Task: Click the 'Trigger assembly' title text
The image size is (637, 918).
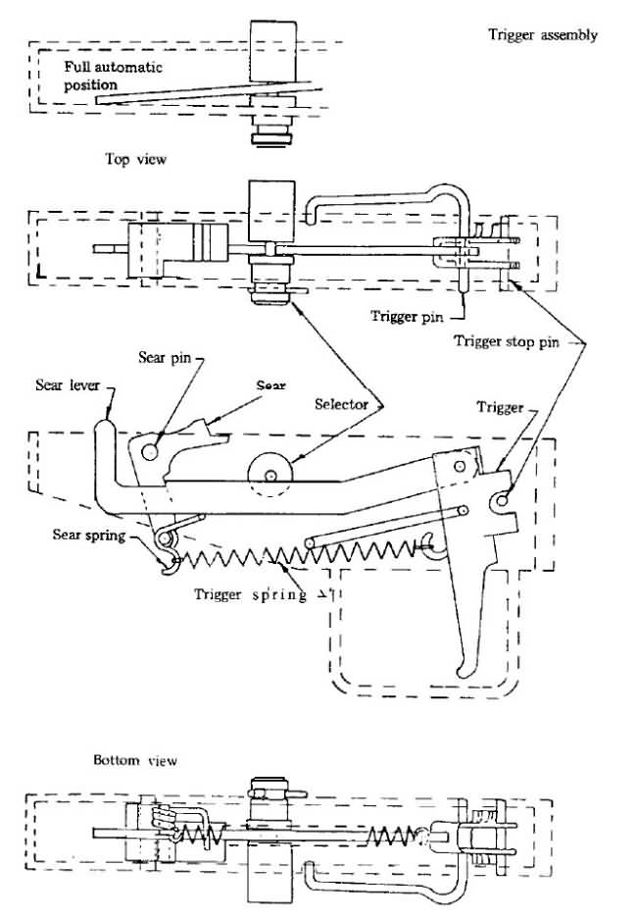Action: tap(543, 35)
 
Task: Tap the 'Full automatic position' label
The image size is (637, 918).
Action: tap(113, 76)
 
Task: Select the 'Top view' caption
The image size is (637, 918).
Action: tap(135, 159)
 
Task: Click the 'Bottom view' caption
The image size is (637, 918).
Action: tap(135, 760)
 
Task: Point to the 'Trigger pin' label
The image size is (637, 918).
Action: tap(407, 317)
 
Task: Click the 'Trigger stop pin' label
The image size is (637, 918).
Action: tap(507, 341)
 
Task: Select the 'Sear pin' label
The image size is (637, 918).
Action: tap(165, 357)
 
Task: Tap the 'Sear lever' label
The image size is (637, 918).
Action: tap(68, 384)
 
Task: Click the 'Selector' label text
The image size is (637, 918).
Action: tap(342, 404)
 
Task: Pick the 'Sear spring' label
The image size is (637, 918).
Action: tap(89, 535)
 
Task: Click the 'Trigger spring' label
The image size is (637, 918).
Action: tap(250, 594)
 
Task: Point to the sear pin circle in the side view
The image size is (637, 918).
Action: tap(150, 450)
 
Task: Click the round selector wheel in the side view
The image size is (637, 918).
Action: tap(270, 475)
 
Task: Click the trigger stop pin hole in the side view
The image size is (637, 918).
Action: tap(503, 499)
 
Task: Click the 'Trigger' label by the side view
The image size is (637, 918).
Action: tap(500, 407)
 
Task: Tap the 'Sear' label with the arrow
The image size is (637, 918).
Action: tap(270, 385)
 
